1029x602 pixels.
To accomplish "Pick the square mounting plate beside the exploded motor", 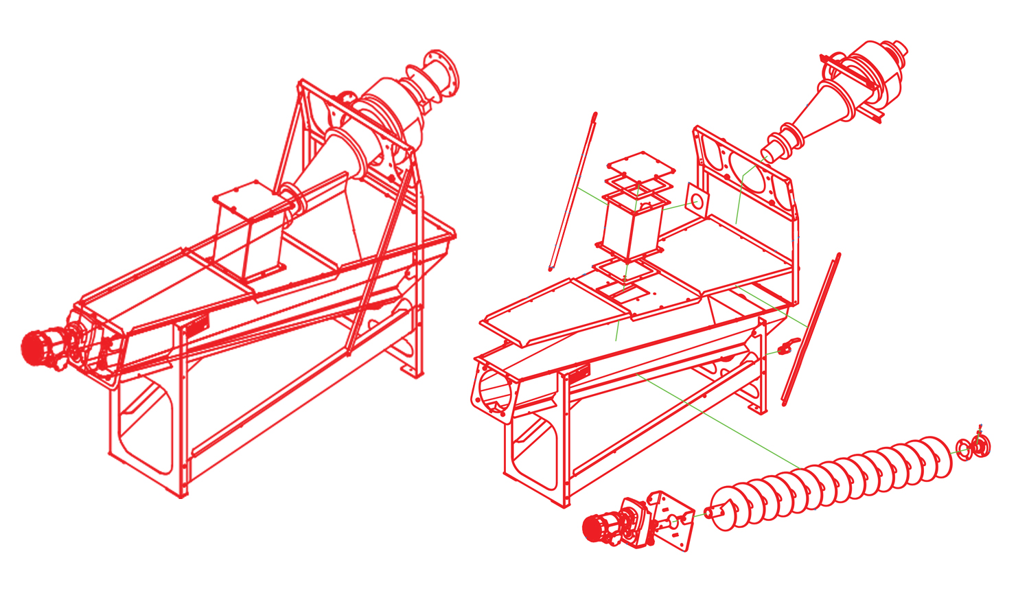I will pyautogui.click(x=669, y=522).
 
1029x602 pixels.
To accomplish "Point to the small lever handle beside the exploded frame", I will pyautogui.click(x=789, y=345).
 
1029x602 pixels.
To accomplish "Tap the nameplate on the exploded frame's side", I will pyautogui.click(x=576, y=374).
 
